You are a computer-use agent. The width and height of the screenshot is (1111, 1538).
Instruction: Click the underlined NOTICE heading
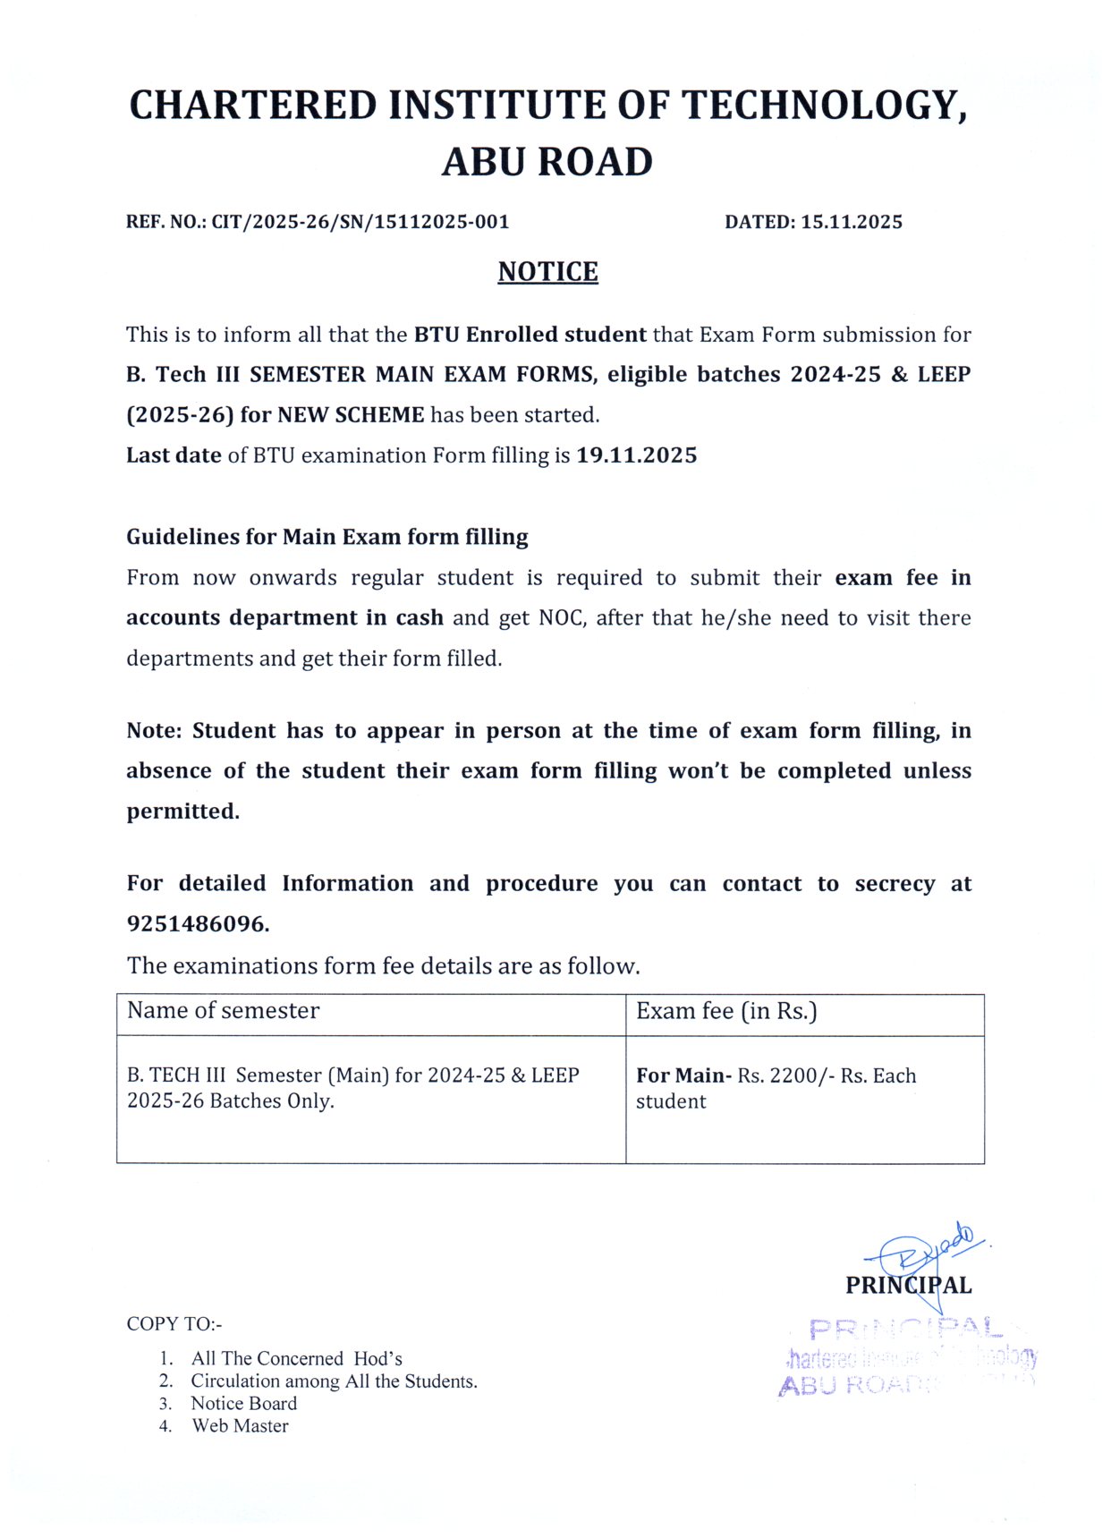click(547, 272)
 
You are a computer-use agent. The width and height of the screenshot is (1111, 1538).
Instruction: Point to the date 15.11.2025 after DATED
click(852, 222)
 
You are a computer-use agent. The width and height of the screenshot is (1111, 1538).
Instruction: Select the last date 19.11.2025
click(636, 455)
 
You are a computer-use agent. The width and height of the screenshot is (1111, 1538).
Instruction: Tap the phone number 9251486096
click(197, 924)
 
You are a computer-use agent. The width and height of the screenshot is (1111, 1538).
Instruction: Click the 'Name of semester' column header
click(223, 1011)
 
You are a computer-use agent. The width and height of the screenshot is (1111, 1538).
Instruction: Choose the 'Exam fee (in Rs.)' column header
click(726, 1011)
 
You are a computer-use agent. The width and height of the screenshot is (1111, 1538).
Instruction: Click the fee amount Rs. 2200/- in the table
click(785, 1075)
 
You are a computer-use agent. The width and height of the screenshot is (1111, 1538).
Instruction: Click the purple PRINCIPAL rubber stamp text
click(903, 1329)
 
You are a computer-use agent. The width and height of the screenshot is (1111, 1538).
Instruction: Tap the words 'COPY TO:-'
click(174, 1324)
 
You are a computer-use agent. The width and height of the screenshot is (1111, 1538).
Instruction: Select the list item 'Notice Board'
click(243, 1403)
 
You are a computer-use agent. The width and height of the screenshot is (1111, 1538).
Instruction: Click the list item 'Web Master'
click(240, 1426)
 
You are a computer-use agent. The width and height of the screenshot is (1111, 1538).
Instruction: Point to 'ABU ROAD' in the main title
click(547, 162)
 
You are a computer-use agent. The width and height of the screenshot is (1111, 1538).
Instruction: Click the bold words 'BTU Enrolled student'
click(530, 335)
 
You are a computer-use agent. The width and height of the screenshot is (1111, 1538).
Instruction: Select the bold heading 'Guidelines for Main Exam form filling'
click(327, 537)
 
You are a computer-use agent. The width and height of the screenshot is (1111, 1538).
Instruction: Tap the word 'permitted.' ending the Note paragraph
click(182, 811)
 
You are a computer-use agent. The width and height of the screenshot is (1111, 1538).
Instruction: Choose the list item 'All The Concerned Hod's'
click(296, 1358)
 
